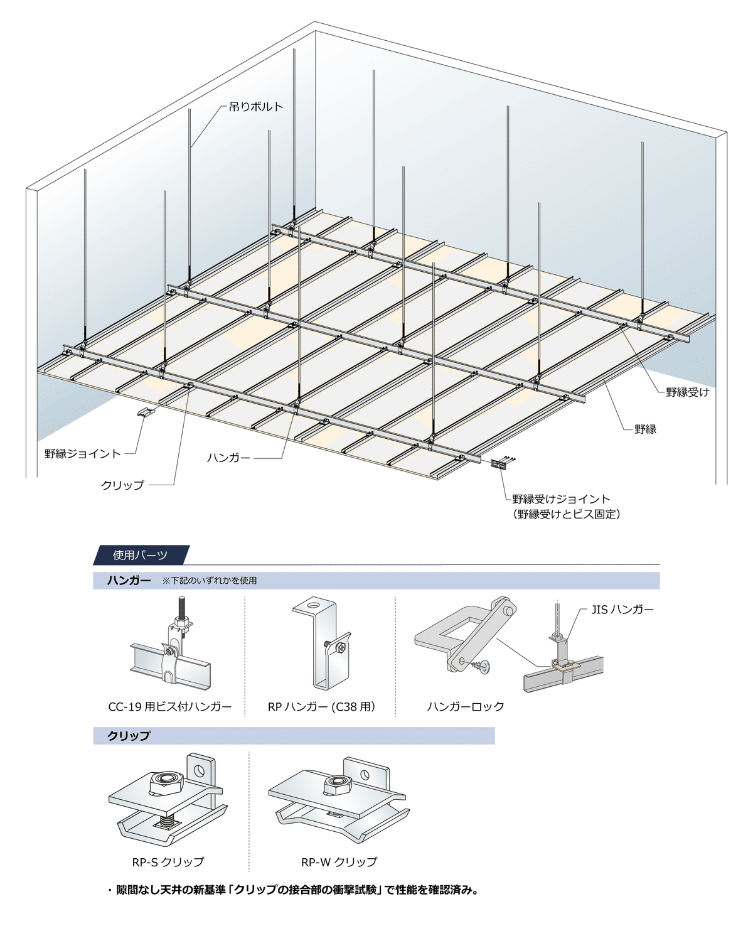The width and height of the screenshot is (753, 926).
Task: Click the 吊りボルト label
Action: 256,107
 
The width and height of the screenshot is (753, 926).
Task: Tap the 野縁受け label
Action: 687,392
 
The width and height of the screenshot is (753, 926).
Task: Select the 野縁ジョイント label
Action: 83,453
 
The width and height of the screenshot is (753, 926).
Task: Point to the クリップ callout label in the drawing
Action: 122,485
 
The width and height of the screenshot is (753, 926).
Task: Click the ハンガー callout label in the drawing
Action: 228,457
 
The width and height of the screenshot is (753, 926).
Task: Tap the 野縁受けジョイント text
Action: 561,498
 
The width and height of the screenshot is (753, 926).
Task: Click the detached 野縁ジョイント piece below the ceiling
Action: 146,412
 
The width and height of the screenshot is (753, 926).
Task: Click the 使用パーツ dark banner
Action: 141,555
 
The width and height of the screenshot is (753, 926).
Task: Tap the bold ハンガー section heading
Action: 129,580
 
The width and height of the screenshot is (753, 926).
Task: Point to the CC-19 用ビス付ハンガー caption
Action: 170,706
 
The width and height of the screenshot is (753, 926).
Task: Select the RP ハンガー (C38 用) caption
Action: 321,706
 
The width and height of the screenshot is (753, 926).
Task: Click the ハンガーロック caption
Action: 466,706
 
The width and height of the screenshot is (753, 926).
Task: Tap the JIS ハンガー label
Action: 622,610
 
